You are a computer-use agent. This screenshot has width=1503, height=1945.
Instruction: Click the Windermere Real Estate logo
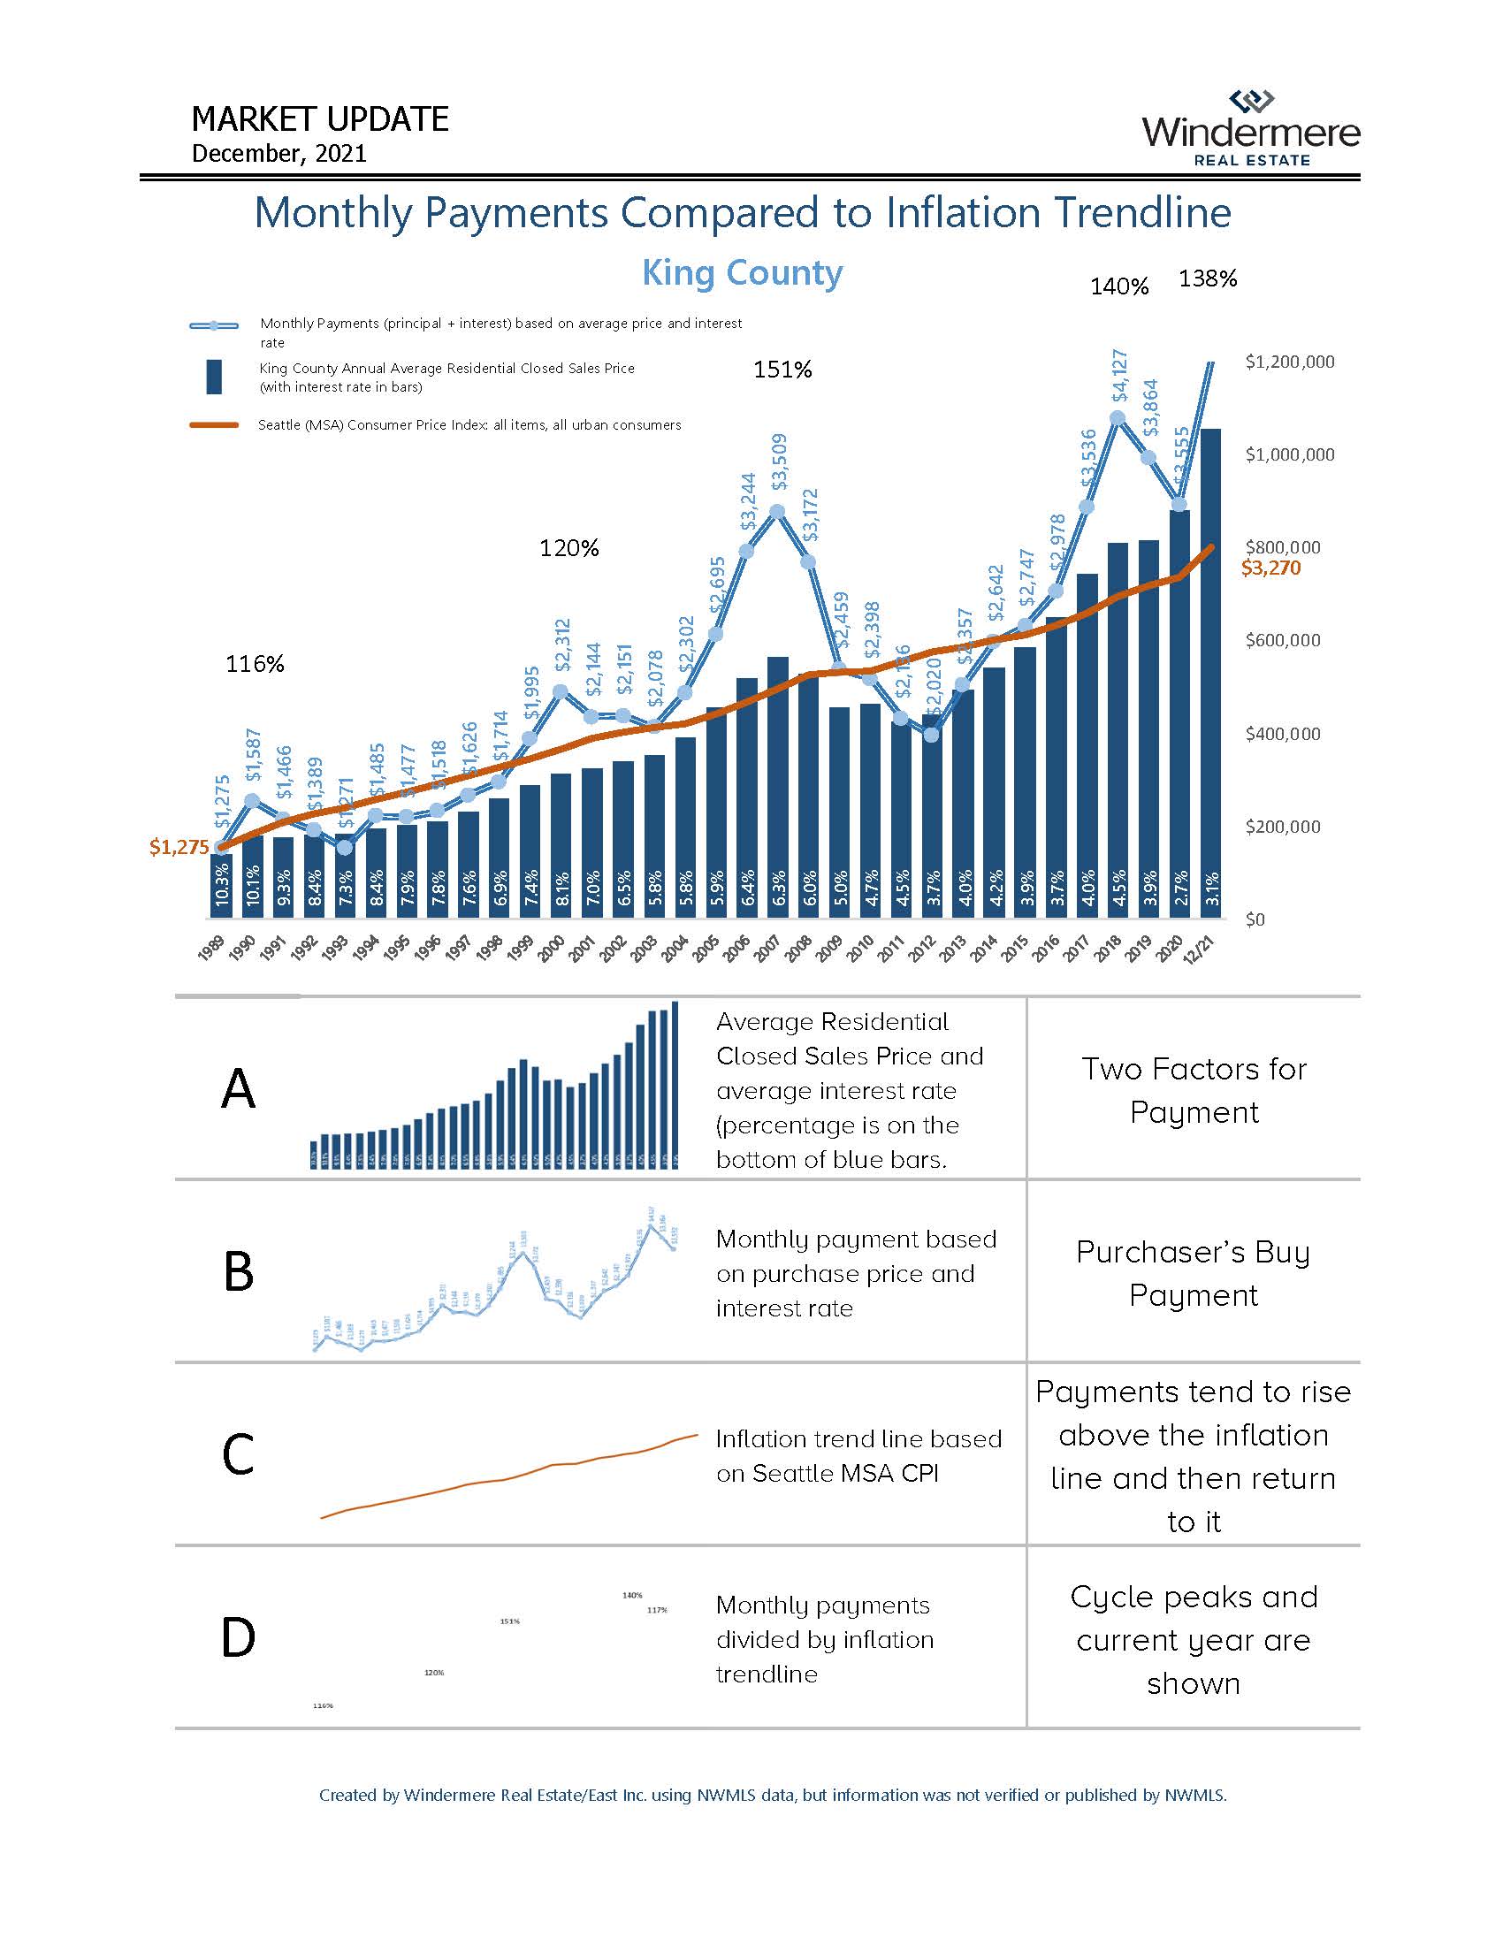(x=1251, y=130)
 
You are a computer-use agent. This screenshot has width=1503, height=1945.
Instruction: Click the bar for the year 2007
(x=778, y=783)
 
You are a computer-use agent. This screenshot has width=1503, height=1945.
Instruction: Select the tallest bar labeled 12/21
(x=1210, y=667)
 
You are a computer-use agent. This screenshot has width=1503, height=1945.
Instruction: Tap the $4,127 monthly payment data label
(x=1120, y=375)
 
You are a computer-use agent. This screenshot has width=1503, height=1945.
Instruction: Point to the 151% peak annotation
(x=782, y=370)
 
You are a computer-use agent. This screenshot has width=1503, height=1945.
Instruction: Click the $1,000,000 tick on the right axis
(x=1289, y=455)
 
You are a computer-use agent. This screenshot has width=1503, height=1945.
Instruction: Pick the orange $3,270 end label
(x=1270, y=568)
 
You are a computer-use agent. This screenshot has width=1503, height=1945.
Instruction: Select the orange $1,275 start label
(x=179, y=847)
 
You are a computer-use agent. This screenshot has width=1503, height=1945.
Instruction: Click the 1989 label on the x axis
(x=210, y=949)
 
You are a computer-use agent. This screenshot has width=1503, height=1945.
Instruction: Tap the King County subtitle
(x=742, y=272)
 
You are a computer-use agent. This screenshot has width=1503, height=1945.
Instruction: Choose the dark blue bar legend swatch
(x=214, y=377)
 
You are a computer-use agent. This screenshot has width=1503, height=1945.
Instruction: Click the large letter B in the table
(x=239, y=1271)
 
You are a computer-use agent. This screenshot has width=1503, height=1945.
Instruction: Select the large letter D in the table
(x=239, y=1636)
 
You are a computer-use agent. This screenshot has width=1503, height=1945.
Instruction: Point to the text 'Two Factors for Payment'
(x=1194, y=1090)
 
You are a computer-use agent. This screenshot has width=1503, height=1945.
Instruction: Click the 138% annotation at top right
(x=1208, y=278)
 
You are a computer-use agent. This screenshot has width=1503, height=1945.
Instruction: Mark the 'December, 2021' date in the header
(x=278, y=153)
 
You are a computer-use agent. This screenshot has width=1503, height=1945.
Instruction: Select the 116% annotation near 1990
(x=255, y=664)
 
